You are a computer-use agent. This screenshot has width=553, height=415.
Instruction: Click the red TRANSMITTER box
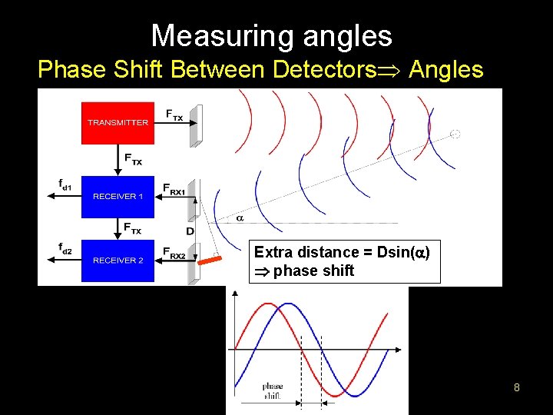[x=118, y=122]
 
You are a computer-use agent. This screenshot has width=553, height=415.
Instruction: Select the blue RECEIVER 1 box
[x=118, y=196]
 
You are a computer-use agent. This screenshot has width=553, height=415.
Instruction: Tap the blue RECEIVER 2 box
[x=118, y=260]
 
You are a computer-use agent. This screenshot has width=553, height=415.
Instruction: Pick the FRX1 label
[x=174, y=188]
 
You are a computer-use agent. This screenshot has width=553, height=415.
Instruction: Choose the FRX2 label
[x=174, y=253]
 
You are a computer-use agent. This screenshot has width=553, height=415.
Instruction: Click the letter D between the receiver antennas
[x=189, y=231]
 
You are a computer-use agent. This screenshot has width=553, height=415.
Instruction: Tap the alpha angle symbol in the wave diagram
[x=239, y=218]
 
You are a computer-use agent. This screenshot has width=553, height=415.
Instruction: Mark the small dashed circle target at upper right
[x=455, y=134]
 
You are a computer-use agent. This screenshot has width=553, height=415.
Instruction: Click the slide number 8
[x=517, y=387]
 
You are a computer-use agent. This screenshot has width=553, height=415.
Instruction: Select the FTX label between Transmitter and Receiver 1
[x=132, y=158]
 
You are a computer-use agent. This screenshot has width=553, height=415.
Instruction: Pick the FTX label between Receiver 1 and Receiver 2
[x=132, y=227]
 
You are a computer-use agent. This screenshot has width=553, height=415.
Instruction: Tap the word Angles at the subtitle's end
[x=446, y=70]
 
